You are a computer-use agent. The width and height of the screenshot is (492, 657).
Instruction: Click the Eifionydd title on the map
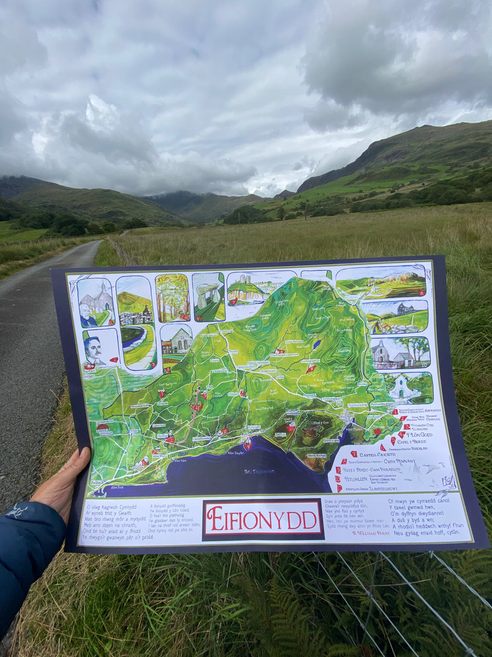(263, 519)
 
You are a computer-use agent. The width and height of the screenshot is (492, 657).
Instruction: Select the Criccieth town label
(253, 428)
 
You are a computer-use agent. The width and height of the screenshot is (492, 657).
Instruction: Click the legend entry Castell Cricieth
(377, 454)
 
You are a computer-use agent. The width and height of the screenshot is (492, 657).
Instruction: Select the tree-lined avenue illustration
(172, 297)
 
